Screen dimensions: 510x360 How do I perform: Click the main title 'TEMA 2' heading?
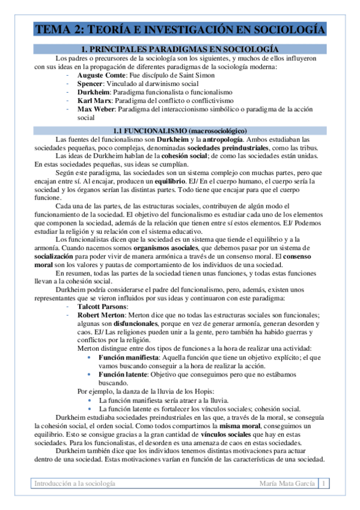click(x=180, y=29)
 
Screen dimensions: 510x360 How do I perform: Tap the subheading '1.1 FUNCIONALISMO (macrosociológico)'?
click(x=179, y=131)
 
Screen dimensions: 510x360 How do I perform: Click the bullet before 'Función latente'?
click(x=90, y=373)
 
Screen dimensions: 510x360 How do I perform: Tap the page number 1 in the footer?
click(x=324, y=484)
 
